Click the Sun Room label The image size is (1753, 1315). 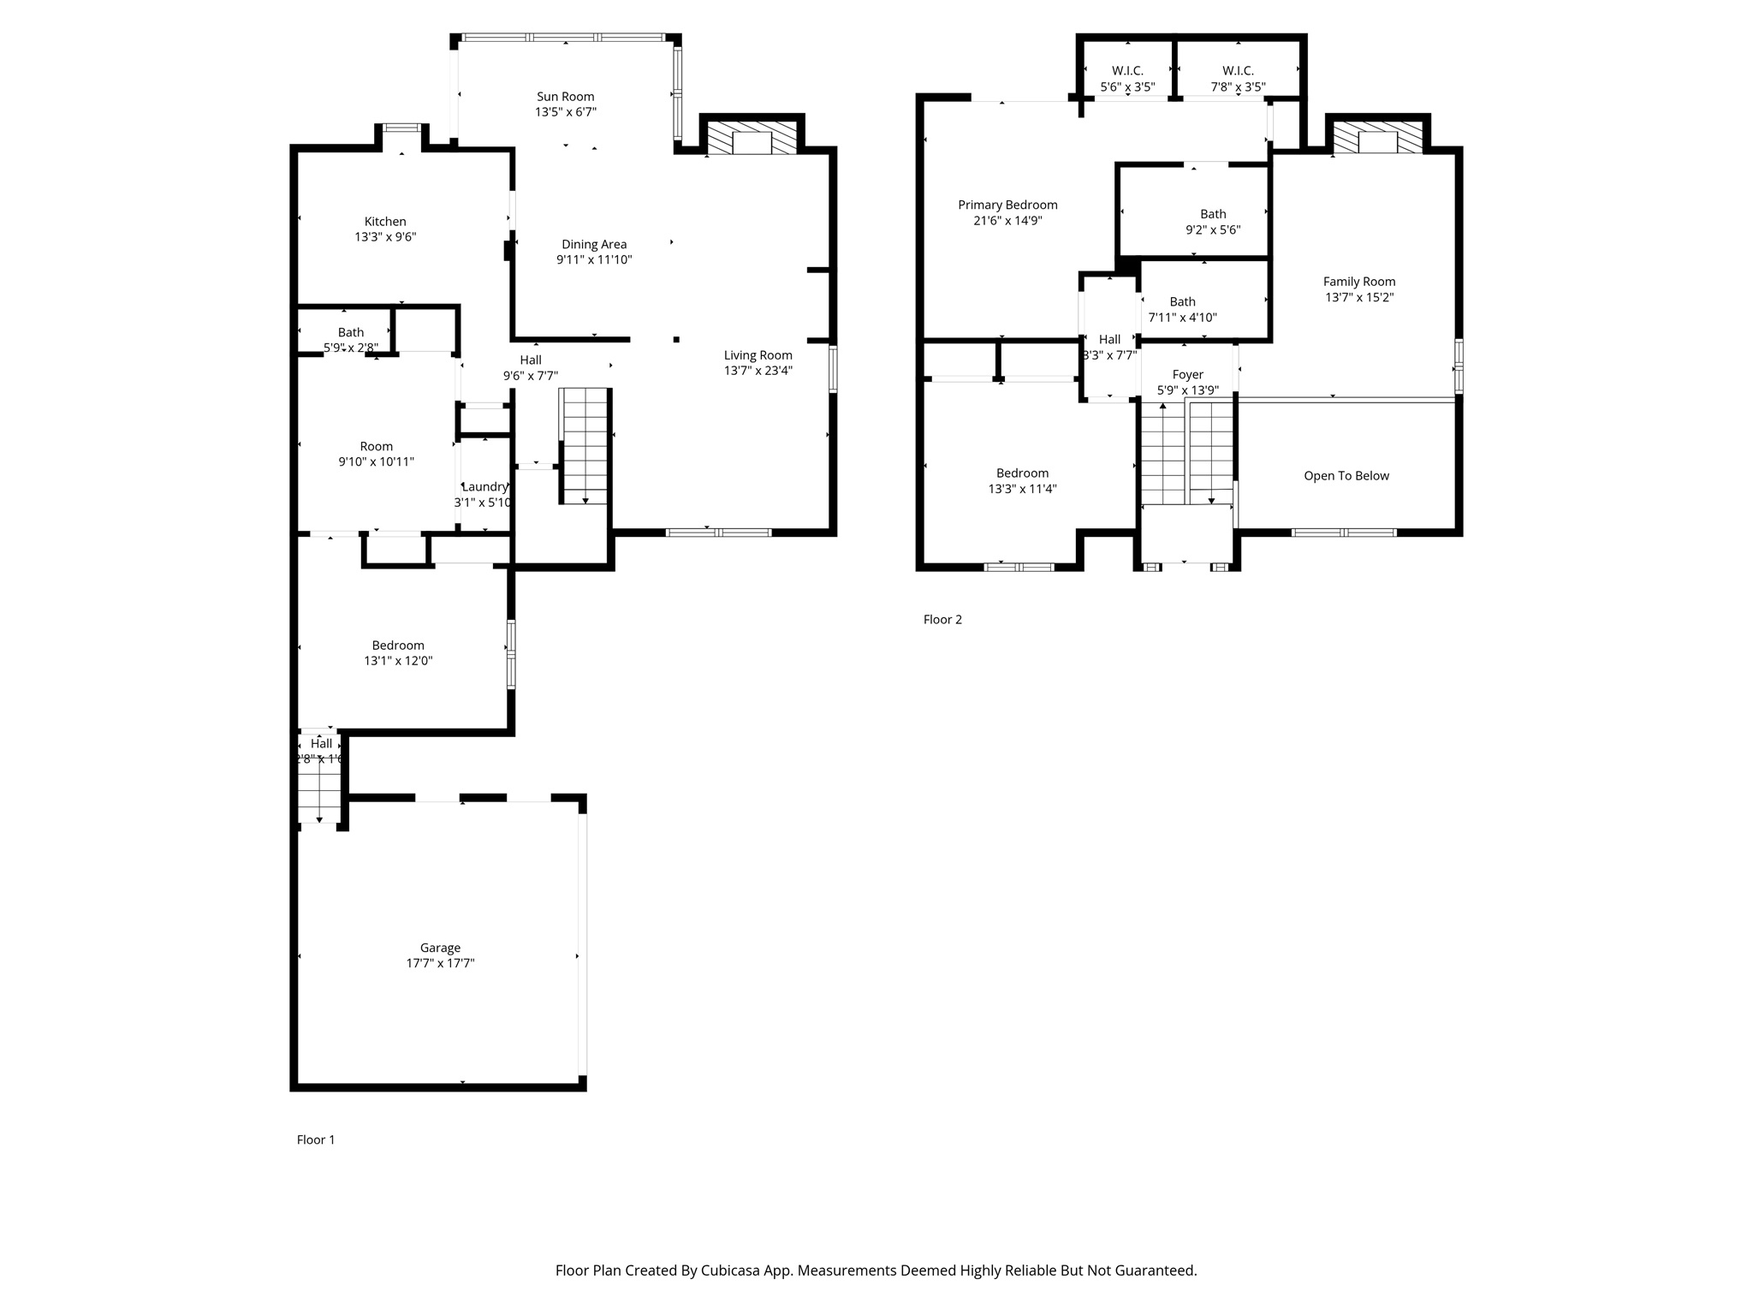coord(565,97)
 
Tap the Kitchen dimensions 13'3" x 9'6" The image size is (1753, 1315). coord(385,237)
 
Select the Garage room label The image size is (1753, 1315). coord(440,948)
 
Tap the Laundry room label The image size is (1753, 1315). coord(484,487)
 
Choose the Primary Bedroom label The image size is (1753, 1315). coord(1007,205)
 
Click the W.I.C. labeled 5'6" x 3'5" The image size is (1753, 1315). coord(1127,79)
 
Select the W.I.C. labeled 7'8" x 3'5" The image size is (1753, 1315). coord(1238,79)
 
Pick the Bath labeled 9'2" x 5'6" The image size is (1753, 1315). coord(1212,222)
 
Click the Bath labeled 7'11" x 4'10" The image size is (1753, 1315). coord(1182,309)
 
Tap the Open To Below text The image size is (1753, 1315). coord(1346,476)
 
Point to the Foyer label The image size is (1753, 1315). coord(1187,375)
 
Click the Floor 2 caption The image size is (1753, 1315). coord(942,620)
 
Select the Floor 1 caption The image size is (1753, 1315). coord(316,1139)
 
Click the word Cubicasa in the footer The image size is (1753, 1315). coord(733,1270)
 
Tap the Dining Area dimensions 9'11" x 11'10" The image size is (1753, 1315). coord(594,259)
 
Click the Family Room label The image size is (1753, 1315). coord(1358,282)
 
